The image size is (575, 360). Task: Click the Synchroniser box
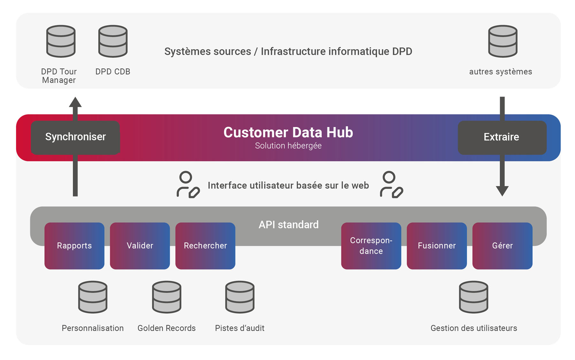(x=75, y=137)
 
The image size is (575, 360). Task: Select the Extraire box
(x=502, y=137)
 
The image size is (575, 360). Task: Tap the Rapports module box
(x=74, y=246)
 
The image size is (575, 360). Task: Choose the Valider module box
(x=140, y=246)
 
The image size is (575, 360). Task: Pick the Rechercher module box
(x=205, y=246)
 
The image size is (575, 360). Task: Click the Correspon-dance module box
(x=371, y=246)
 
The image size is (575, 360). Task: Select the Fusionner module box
(x=437, y=246)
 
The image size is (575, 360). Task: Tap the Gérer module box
(x=502, y=246)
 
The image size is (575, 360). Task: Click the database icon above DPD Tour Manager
(x=61, y=41)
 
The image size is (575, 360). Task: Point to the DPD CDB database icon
(x=113, y=41)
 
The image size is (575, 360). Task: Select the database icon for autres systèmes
(x=502, y=41)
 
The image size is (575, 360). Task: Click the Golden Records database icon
(x=167, y=297)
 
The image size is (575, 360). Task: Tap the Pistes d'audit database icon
(x=240, y=297)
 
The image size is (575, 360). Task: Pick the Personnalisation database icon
(x=93, y=297)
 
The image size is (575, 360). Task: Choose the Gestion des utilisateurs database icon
(x=473, y=297)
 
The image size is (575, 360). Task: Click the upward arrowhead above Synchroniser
(x=75, y=103)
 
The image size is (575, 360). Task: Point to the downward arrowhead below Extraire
(x=502, y=191)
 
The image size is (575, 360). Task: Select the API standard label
(x=288, y=225)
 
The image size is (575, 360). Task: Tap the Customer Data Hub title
(x=288, y=132)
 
